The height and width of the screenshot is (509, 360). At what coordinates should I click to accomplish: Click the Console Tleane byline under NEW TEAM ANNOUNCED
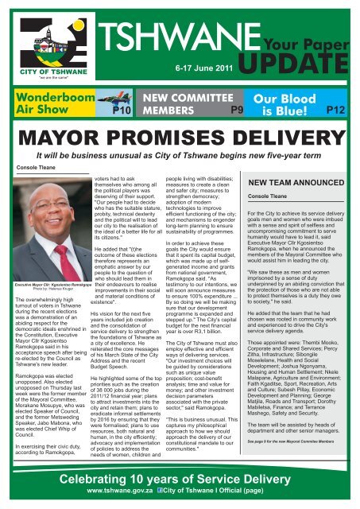pyautogui.click(x=289, y=196)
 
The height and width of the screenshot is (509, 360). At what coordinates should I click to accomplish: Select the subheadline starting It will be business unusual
pyautogui.click(x=180, y=157)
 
